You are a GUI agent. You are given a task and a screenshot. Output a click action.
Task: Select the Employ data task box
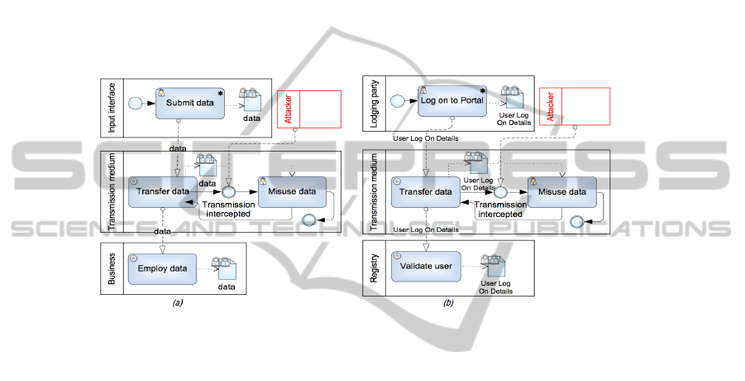point(162,268)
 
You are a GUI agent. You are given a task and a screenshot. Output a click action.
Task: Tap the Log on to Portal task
point(451,102)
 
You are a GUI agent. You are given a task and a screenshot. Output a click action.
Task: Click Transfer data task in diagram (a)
point(162,192)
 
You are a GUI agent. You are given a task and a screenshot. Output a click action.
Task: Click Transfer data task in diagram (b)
point(425,192)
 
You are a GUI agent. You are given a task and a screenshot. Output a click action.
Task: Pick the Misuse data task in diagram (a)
point(293,192)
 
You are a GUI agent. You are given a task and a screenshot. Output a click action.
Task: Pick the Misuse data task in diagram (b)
point(562,192)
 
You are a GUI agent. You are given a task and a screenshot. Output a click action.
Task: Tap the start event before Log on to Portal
point(399,102)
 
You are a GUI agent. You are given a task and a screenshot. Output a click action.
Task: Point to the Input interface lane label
point(112,105)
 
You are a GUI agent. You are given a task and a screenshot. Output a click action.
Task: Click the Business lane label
point(112,268)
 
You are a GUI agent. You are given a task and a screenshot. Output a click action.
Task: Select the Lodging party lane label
point(375,103)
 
